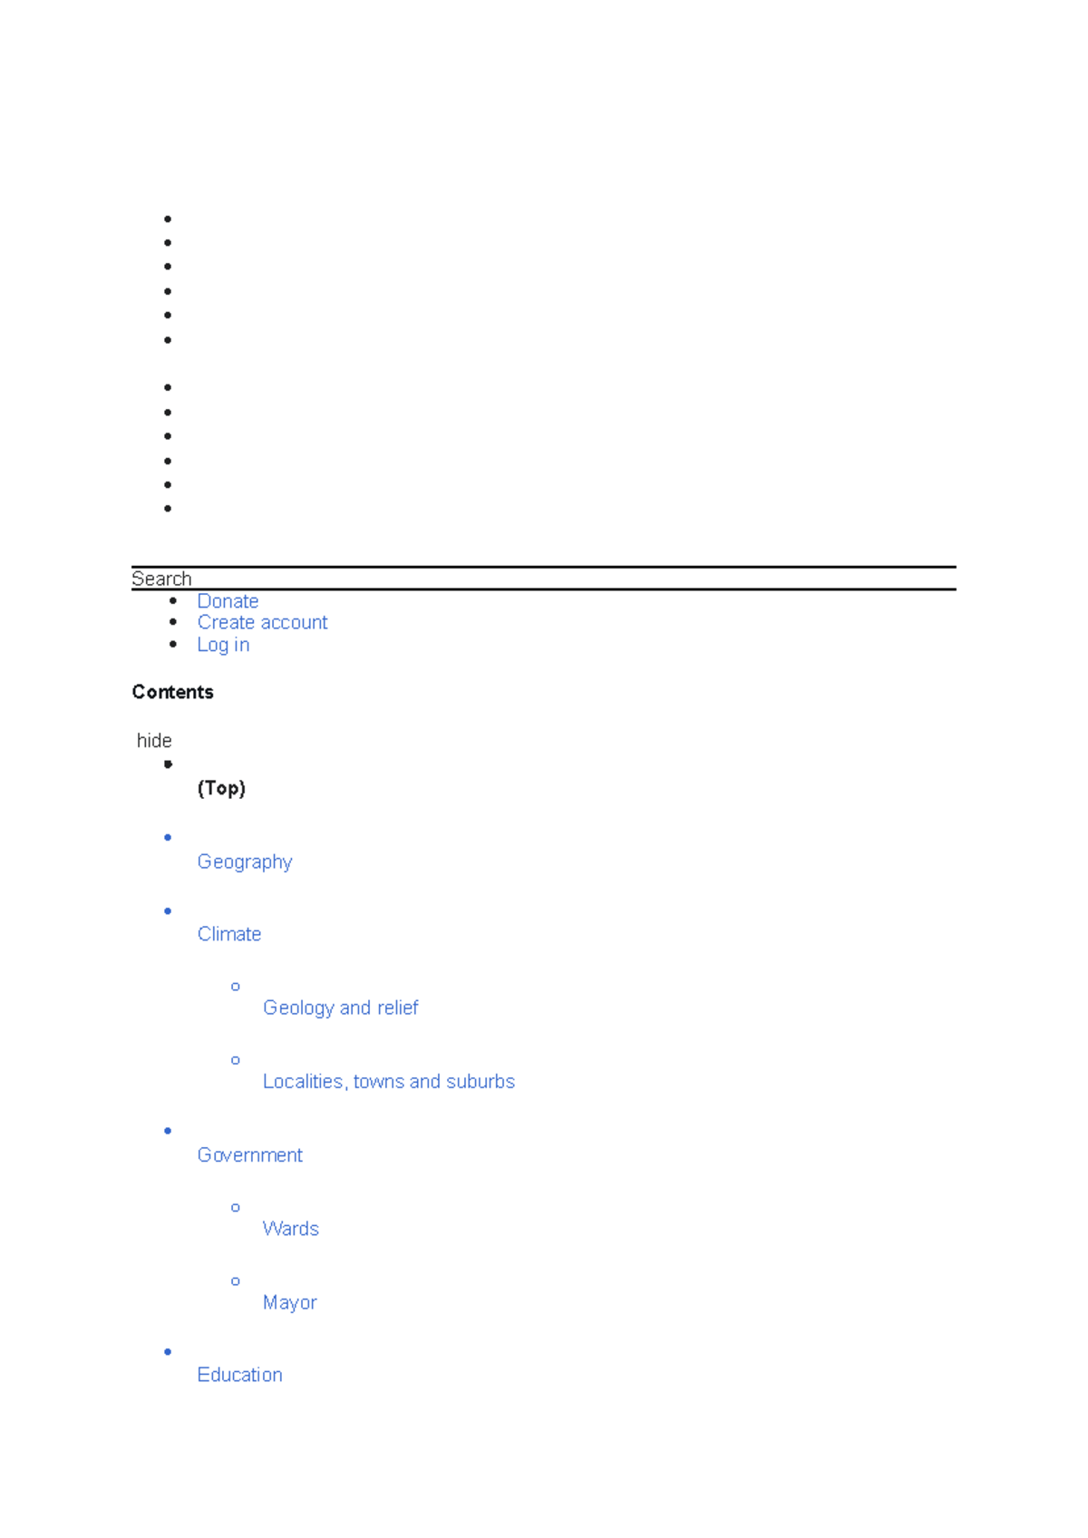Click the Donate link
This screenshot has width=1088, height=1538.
[228, 600]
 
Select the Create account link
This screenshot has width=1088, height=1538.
[262, 622]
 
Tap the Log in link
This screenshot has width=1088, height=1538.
[223, 645]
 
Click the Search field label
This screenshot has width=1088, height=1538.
[161, 579]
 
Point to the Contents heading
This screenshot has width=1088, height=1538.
[172, 692]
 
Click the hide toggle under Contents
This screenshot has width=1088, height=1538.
[154, 741]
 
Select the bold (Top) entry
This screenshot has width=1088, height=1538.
[221, 788]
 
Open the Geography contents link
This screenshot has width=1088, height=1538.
[245, 861]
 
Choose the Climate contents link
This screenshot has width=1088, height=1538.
[229, 934]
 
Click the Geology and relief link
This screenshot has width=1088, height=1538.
[341, 1007]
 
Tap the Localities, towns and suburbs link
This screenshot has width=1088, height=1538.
[389, 1081]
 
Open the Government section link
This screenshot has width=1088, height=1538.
[250, 1155]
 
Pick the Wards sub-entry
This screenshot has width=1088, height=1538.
[291, 1229]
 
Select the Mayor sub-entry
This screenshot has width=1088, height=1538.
[289, 1302]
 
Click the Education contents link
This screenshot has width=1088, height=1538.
[239, 1375]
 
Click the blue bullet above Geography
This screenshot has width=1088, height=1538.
[168, 838]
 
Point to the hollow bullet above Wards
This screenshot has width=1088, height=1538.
[236, 1208]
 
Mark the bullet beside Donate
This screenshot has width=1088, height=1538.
[173, 600]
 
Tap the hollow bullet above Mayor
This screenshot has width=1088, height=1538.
[236, 1281]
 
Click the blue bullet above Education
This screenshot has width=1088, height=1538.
[168, 1352]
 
